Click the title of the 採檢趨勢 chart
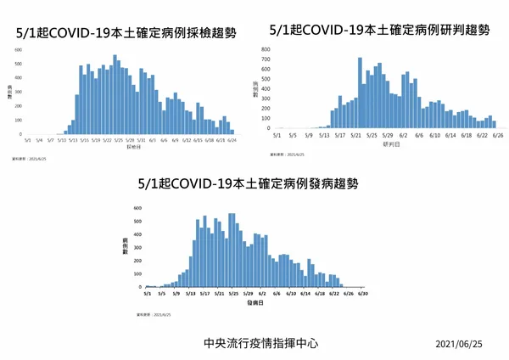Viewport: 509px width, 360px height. tap(126, 34)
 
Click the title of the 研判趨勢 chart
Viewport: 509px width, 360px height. tap(378, 30)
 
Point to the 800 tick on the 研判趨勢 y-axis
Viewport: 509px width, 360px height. tap(266, 50)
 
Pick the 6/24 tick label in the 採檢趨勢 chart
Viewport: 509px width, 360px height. tap(221, 140)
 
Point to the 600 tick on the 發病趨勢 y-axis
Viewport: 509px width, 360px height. tap(137, 208)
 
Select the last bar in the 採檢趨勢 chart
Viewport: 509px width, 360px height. tap(232, 132)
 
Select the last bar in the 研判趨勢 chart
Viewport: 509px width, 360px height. tap(495, 123)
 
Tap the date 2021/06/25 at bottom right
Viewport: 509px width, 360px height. tap(458, 344)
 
